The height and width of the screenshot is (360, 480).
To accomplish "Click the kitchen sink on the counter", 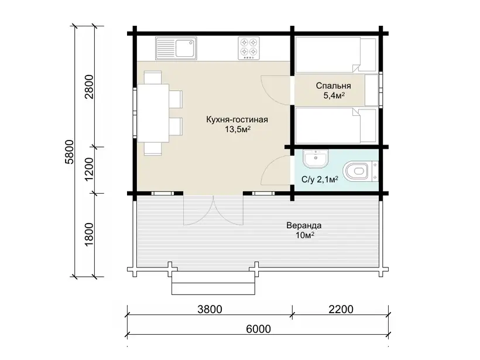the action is tap(176, 48).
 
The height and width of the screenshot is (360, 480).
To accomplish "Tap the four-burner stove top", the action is tap(249, 48).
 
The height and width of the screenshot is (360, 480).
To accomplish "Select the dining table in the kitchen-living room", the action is tap(153, 113).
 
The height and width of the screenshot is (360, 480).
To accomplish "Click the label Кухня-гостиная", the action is tap(237, 119).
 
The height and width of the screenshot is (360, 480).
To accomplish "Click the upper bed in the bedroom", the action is tap(335, 55).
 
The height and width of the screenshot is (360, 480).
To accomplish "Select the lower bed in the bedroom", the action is tap(335, 125).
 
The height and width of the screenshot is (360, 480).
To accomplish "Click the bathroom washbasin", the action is tap(316, 159).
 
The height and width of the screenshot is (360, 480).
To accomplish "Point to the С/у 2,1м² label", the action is tap(320, 179).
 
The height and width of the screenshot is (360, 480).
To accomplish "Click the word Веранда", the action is tap(304, 225).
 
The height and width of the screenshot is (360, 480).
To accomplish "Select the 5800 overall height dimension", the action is tap(70, 152).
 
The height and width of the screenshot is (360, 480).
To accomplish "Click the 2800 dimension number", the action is tap(89, 87).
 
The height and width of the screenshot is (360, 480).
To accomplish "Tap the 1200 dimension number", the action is tap(89, 169).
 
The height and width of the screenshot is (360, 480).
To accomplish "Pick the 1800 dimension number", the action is tap(89, 235).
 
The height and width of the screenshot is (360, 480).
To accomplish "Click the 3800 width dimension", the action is tap(210, 310).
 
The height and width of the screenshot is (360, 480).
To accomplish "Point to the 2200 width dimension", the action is tap(341, 310).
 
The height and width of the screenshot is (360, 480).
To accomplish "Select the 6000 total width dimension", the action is tap(258, 329).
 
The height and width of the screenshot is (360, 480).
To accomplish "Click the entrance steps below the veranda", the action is tap(214, 283).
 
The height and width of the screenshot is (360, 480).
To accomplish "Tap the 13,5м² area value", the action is tap(238, 129).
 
